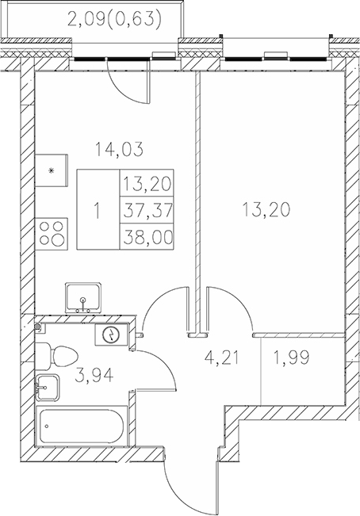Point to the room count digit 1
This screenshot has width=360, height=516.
pyautogui.click(x=97, y=211)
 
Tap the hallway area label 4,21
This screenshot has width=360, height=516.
pyautogui.click(x=220, y=366)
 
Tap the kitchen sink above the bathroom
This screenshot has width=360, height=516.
pyautogui.click(x=82, y=298)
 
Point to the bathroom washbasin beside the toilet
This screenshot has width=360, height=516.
pyautogui.click(x=48, y=388)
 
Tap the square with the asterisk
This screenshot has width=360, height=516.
pyautogui.click(x=52, y=170)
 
